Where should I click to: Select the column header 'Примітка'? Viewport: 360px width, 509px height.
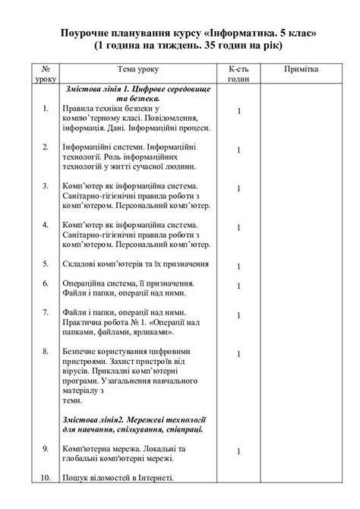tap(302, 69)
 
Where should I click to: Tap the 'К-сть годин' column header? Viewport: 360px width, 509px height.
tap(238, 73)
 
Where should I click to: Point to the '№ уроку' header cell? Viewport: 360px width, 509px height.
tap(46, 73)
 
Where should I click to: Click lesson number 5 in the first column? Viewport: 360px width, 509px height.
tap(46, 265)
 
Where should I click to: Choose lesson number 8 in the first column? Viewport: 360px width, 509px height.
tap(46, 352)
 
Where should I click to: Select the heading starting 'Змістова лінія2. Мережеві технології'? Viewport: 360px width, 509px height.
tap(136, 420)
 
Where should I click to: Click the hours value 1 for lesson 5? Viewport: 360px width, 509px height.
tap(238, 267)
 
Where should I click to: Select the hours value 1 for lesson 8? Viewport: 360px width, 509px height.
tap(238, 354)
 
